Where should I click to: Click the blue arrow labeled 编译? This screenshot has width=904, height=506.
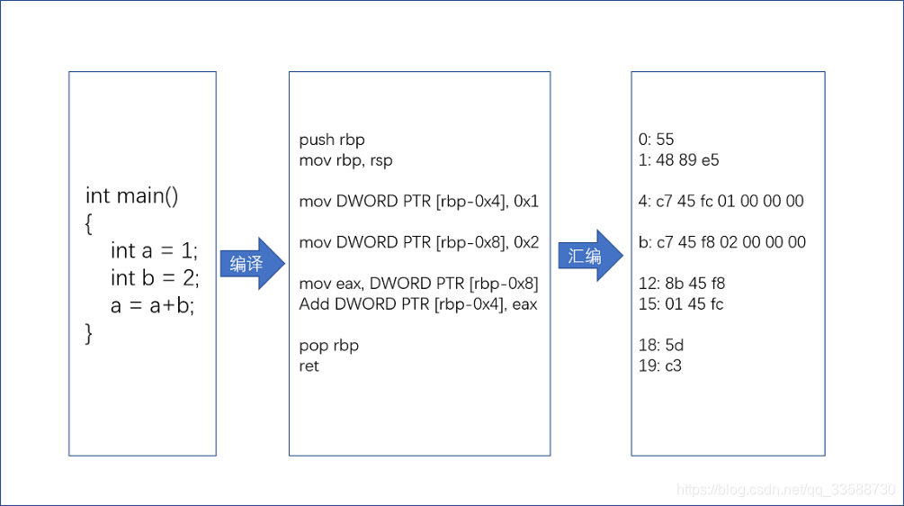[x=251, y=264]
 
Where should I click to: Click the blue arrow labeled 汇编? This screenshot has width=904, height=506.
[x=589, y=256]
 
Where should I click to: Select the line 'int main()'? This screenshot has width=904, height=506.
[x=131, y=195]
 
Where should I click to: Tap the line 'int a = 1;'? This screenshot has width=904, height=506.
[x=153, y=250]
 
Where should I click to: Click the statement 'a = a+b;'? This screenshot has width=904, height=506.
[x=152, y=305]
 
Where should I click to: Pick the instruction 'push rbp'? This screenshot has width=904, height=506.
[x=332, y=140]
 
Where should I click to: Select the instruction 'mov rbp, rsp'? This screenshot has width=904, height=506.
[x=345, y=160]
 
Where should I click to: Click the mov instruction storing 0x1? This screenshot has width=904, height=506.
[x=418, y=201]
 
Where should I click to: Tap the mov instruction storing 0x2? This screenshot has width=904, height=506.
[x=418, y=242]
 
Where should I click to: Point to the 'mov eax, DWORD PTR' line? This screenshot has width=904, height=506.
[x=418, y=284]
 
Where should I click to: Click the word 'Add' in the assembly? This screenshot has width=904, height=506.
[x=314, y=304]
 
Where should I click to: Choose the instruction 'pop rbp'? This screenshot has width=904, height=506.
[x=328, y=346]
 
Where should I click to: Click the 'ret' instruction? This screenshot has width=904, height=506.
[x=309, y=366]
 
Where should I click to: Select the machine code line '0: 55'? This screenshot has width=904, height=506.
[x=656, y=140]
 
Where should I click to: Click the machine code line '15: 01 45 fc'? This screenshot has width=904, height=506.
[x=680, y=304]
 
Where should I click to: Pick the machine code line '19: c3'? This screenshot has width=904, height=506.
[x=659, y=366]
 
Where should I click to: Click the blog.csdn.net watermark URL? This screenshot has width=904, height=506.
[x=785, y=490]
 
